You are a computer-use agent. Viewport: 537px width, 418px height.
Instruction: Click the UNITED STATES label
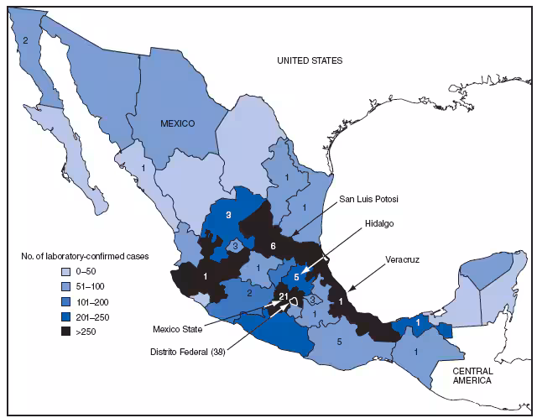(312, 60)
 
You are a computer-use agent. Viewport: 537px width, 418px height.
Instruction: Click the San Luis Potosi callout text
(368, 199)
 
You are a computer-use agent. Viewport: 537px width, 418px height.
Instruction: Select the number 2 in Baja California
(26, 39)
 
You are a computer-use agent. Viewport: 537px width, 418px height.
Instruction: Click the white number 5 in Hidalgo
(295, 276)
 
